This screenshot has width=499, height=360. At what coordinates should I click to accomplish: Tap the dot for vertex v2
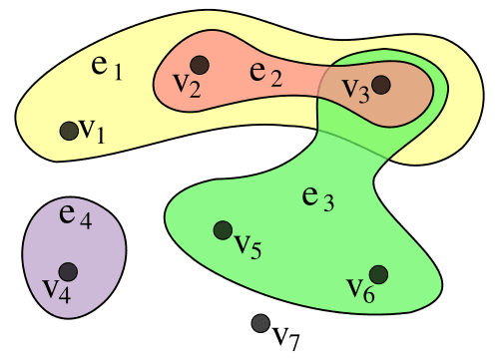(201, 65)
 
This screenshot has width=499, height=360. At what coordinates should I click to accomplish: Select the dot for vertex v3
(380, 86)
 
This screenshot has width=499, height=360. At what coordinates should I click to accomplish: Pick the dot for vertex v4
(68, 271)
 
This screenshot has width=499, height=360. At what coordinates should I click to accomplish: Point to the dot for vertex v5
(223, 230)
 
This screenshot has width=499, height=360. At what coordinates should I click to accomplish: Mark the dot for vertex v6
(378, 273)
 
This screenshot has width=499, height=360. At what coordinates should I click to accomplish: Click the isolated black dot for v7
(259, 322)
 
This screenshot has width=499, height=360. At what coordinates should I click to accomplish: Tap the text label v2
(186, 86)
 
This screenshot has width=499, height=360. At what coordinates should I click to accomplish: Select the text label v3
(355, 88)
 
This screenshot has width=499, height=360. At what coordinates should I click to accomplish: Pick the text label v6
(360, 289)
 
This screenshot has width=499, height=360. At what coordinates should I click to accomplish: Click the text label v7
(286, 336)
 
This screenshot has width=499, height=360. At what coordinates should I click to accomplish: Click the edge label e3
(318, 196)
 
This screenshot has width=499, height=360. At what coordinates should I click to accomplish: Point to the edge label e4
(76, 213)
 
